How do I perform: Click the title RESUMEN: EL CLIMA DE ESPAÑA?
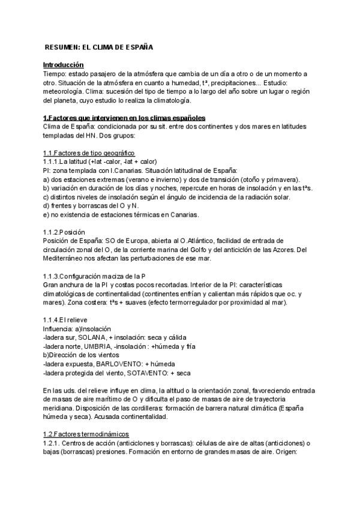[99, 46]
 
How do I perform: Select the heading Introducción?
[63, 64]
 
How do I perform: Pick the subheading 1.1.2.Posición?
[64, 232]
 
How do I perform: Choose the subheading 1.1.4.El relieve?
[67, 319]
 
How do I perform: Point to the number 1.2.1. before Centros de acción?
[51, 442]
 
